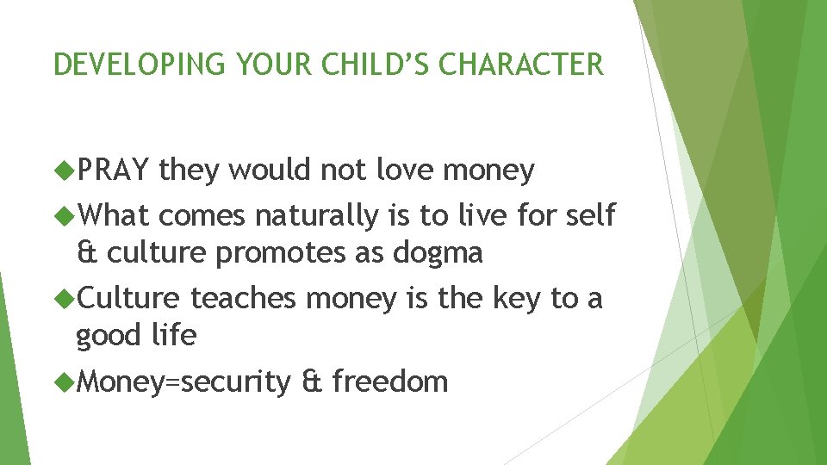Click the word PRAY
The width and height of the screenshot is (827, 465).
(x=113, y=171)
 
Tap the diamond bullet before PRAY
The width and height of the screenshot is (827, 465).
(x=65, y=171)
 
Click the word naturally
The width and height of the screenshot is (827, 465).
(x=316, y=214)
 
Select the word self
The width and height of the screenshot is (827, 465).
(x=590, y=214)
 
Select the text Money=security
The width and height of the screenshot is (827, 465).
(x=183, y=381)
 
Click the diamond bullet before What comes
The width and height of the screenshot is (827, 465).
(x=65, y=214)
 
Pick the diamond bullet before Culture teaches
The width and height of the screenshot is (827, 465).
(x=65, y=298)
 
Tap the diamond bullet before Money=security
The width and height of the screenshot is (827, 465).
(x=65, y=381)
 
